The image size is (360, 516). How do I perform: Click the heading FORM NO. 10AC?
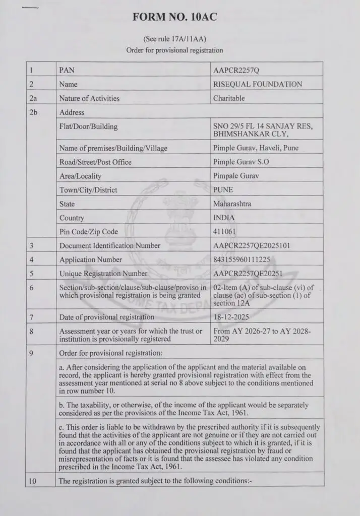click(x=175, y=17)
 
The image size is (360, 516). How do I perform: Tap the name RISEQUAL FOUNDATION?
click(x=258, y=84)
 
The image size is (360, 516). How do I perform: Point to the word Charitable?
click(x=229, y=98)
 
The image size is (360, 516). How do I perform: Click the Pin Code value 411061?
click(x=224, y=232)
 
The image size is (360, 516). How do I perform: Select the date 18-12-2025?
click(x=231, y=317)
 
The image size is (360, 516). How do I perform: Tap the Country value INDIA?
click(x=224, y=218)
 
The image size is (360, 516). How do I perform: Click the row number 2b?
click(x=33, y=112)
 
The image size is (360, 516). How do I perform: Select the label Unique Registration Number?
click(x=103, y=274)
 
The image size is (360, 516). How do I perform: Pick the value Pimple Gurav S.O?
click(x=238, y=162)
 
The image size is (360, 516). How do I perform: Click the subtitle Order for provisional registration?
click(x=174, y=50)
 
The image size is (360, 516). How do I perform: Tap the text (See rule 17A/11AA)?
click(x=174, y=39)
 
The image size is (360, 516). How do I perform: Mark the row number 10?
click(x=33, y=481)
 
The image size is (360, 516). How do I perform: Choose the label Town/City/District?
click(x=88, y=190)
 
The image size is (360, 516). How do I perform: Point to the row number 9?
click(x=31, y=353)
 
